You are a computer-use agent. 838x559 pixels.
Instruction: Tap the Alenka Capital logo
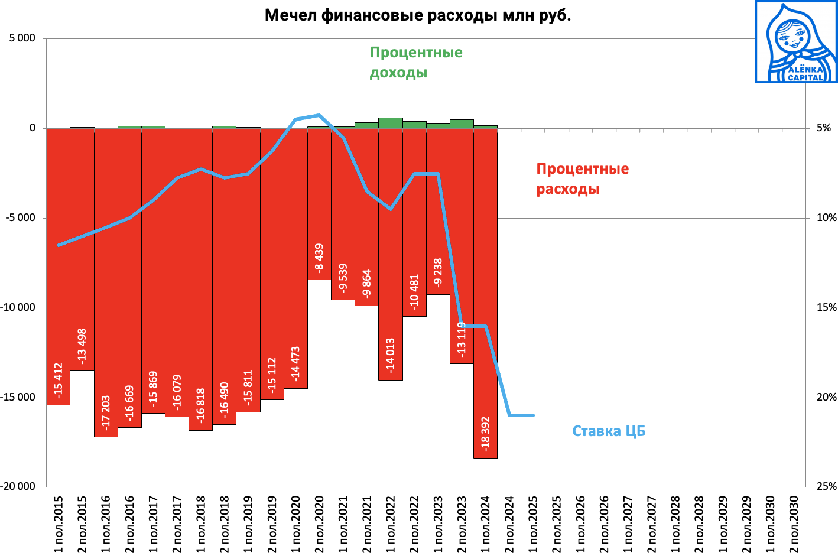click(796, 42)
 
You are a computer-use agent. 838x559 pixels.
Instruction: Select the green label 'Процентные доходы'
click(416, 62)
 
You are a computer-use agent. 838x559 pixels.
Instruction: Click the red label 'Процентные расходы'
click(582, 178)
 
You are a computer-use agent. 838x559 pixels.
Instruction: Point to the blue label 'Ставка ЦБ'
click(609, 431)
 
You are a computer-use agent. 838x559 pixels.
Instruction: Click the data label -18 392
click(486, 434)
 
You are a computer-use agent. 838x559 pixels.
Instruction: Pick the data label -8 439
click(319, 258)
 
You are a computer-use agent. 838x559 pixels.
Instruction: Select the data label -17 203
click(106, 412)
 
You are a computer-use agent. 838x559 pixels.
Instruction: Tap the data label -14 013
click(391, 355)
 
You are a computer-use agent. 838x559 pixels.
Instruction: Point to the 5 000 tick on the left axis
click(22, 38)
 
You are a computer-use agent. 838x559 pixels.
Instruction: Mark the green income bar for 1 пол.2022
click(391, 123)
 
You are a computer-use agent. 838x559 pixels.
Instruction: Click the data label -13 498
click(82, 346)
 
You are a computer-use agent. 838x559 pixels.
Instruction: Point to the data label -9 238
click(438, 272)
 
